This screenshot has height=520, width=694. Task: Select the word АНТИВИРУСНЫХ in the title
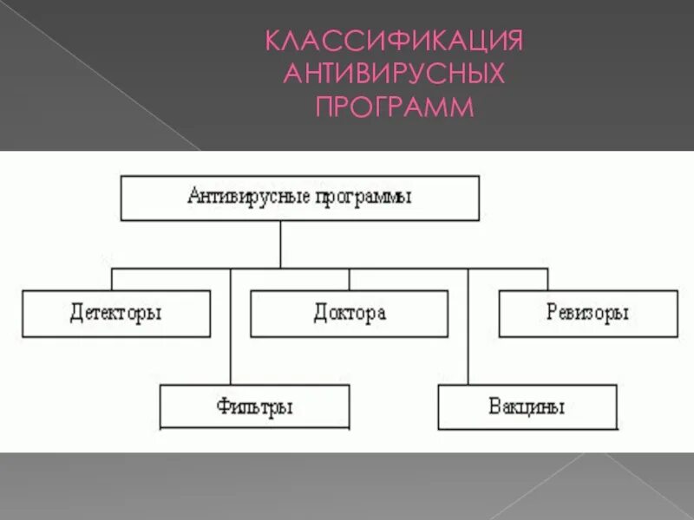pyautogui.click(x=395, y=75)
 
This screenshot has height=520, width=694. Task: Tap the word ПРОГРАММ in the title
pyautogui.click(x=395, y=107)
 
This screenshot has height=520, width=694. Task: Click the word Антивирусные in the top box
pyautogui.click(x=238, y=197)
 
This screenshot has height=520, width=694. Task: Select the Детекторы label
pyautogui.click(x=115, y=313)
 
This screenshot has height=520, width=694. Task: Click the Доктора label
pyautogui.click(x=350, y=313)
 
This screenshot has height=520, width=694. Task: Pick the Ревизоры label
pyautogui.click(x=588, y=313)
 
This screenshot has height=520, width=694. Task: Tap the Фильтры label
pyautogui.click(x=254, y=406)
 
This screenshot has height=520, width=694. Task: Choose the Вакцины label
pyautogui.click(x=527, y=406)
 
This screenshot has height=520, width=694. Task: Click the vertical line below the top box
pyautogui.click(x=280, y=244)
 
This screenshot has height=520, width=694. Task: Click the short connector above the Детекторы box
pyautogui.click(x=112, y=279)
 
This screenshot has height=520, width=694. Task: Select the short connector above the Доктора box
pyautogui.click(x=350, y=279)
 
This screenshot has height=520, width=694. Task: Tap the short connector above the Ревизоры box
pyautogui.click(x=547, y=279)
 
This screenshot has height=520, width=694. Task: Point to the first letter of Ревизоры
pyautogui.click(x=552, y=313)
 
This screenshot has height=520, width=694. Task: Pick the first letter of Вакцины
pyautogui.click(x=494, y=406)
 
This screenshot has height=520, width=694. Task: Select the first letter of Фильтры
pyautogui.click(x=222, y=406)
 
